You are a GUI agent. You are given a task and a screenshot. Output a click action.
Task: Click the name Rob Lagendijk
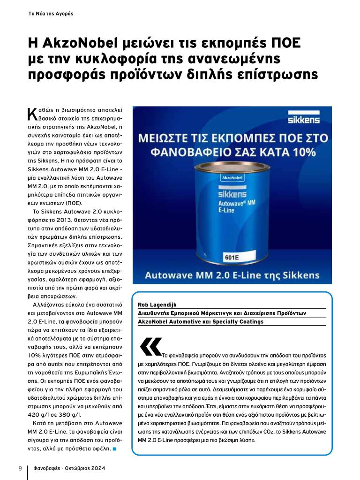pyautogui.click(x=157, y=305)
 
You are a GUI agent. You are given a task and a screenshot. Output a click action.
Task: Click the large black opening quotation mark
pyautogui.click(x=150, y=346)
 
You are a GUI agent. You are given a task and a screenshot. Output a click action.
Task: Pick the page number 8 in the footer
pyautogui.click(x=20, y=468)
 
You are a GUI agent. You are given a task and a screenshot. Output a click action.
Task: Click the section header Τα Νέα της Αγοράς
pyautogui.click(x=51, y=14)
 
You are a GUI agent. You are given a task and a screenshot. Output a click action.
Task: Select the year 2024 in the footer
pyautogui.click(x=96, y=468)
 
